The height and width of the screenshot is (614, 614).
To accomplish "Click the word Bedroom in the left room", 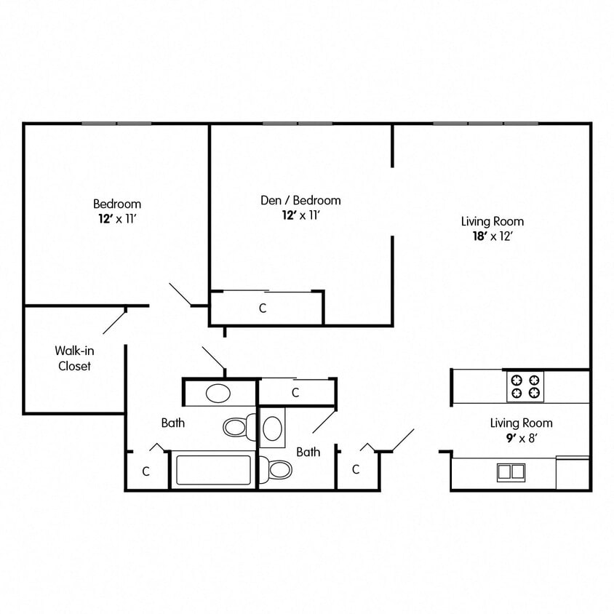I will tap(117, 204).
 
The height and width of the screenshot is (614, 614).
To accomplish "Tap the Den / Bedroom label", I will tap(300, 200).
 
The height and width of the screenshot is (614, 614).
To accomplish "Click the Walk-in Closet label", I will tap(74, 359).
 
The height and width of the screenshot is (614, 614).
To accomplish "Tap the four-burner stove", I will tap(525, 386).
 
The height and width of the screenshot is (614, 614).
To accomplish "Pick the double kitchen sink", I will tap(511, 471).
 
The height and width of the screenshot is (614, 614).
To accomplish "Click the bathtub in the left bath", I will tap(212, 470).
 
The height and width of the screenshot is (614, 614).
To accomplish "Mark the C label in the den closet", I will tap(263, 308).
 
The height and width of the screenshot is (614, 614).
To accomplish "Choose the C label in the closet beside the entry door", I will tap(356, 470).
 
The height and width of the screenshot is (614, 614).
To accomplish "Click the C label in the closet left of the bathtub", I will tap(145, 471).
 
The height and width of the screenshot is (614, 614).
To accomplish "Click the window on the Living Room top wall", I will tap(485, 123).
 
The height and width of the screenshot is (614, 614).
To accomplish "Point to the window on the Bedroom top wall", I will tap(116, 123).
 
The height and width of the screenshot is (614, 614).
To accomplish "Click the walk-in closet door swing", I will tap(115, 320).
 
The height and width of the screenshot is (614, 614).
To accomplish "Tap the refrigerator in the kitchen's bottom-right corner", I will tap(573, 473).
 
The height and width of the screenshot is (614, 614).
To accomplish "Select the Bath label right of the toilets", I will tap(308, 452).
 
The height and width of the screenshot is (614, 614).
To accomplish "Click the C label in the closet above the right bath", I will tap(295, 393).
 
